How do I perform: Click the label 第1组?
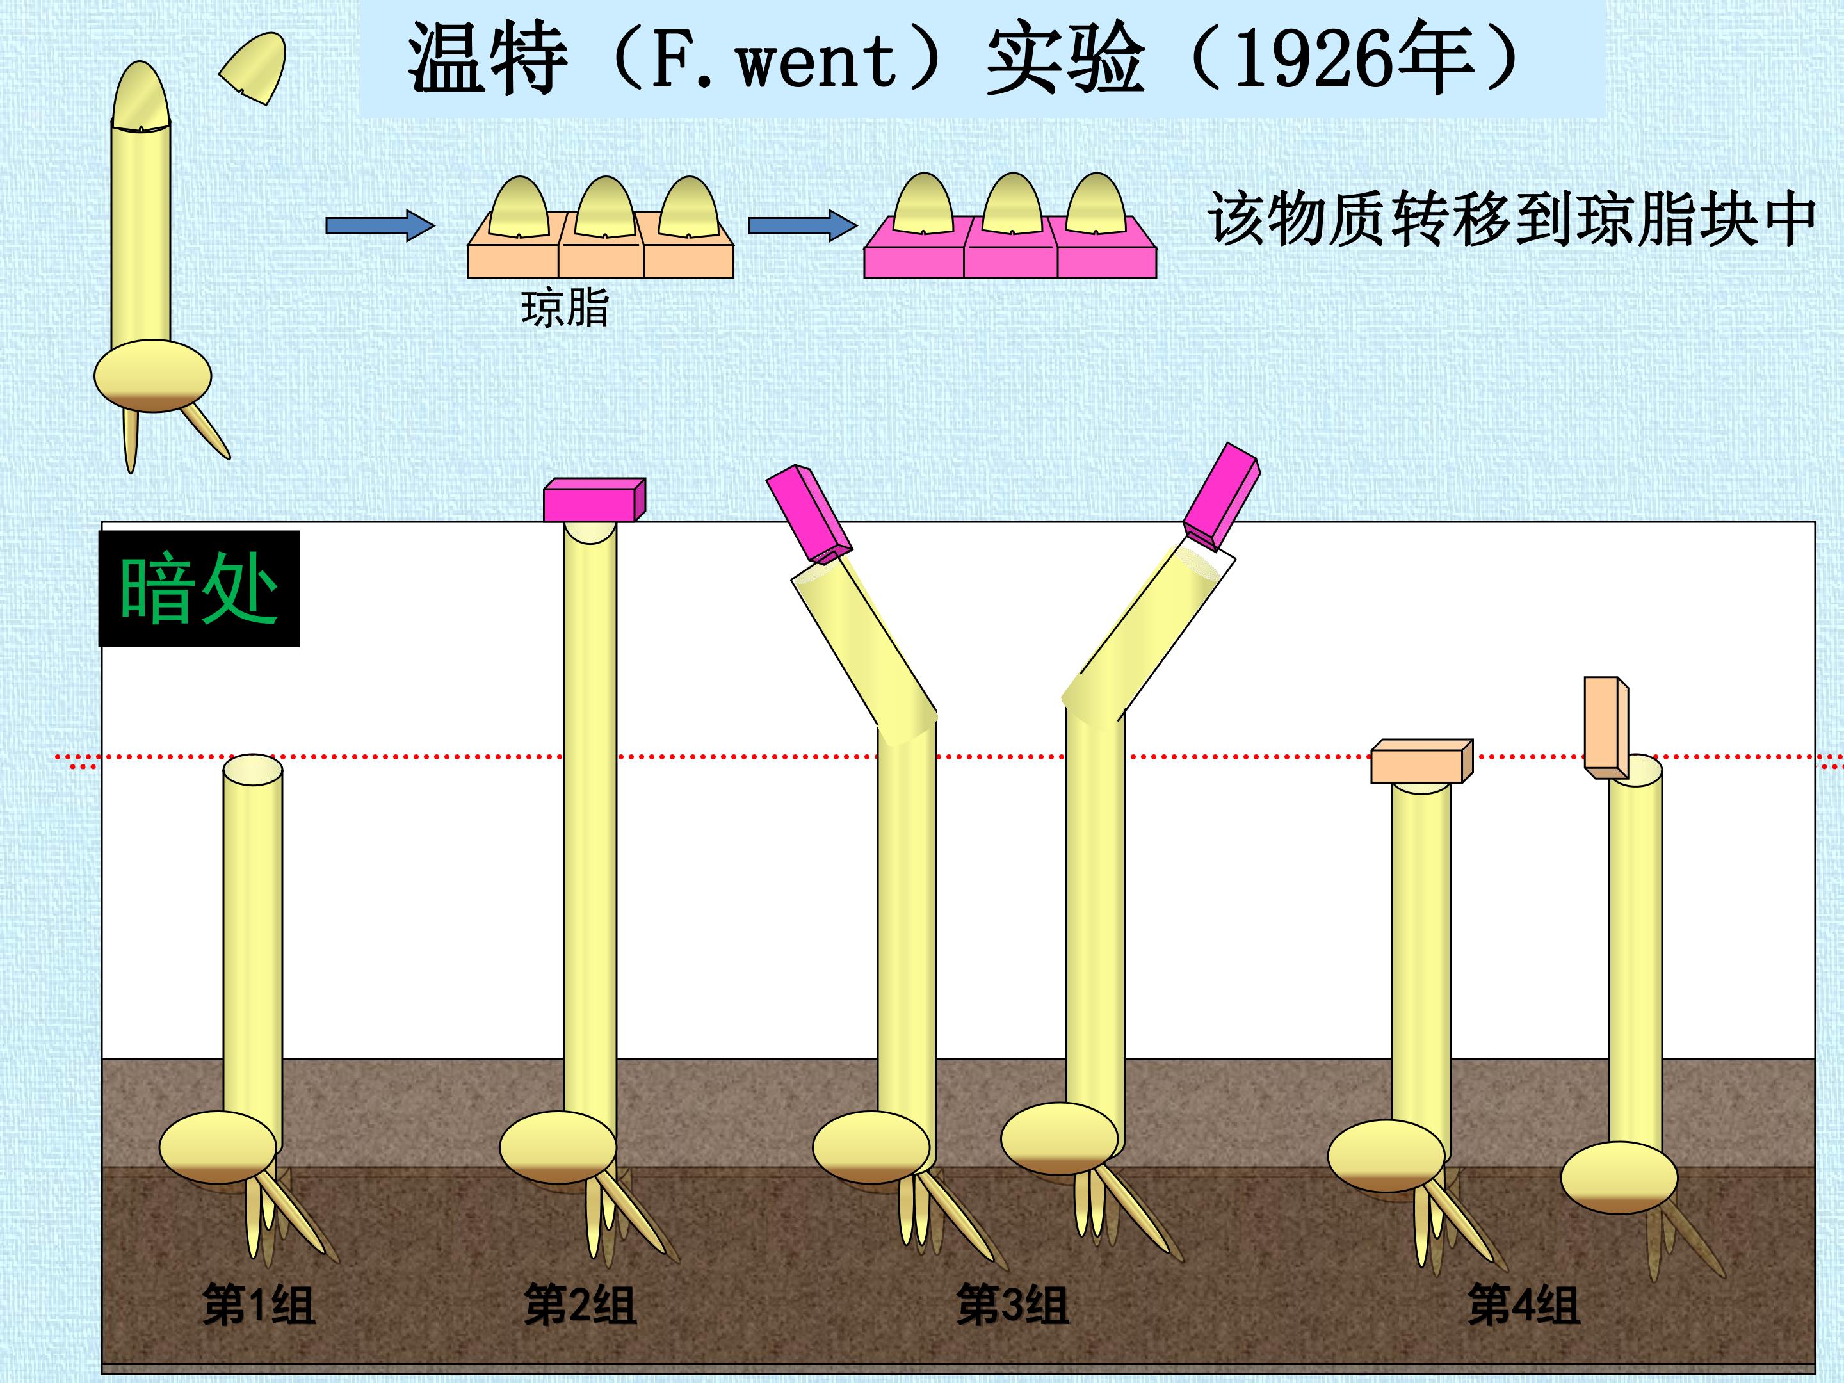[259, 1305]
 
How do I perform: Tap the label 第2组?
[579, 1305]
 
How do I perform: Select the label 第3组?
[1012, 1305]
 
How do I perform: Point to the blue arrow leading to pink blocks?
[802, 225]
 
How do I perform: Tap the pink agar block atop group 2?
[594, 500]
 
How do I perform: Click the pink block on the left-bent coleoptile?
[809, 514]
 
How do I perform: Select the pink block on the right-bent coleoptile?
[1221, 497]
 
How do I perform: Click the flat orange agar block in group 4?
[1422, 761]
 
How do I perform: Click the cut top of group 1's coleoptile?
[253, 770]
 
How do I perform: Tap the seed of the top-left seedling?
[152, 376]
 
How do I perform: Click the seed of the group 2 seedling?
[558, 1147]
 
